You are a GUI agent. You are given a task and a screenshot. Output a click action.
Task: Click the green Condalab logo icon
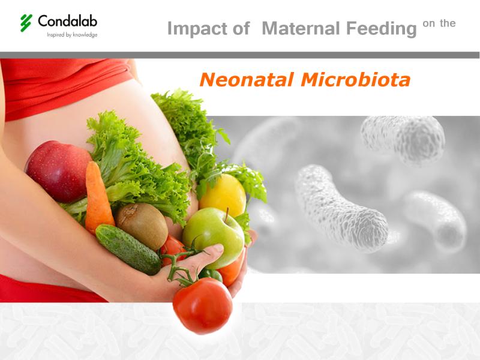[x=26, y=23]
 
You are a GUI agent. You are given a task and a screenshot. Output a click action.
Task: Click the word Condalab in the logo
[x=68, y=21]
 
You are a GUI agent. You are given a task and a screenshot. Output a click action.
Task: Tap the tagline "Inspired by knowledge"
[x=72, y=35]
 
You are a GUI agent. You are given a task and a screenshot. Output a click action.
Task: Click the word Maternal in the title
[x=301, y=28]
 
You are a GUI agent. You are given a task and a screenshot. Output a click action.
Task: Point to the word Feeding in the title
[x=382, y=29]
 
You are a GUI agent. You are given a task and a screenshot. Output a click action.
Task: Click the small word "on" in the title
[x=428, y=23]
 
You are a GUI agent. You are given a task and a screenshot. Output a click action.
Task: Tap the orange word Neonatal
[x=247, y=80]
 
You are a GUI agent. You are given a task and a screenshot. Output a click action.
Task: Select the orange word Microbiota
[x=355, y=80]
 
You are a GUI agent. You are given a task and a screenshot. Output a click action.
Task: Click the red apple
[x=58, y=171]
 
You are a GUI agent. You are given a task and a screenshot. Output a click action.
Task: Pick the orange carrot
[x=98, y=197]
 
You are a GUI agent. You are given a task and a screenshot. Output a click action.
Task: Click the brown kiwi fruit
[x=142, y=226]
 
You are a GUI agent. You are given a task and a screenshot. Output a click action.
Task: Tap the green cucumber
[x=128, y=249]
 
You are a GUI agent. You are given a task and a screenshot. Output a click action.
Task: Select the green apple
[x=214, y=237]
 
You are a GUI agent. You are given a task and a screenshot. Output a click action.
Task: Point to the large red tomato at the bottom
[x=203, y=305]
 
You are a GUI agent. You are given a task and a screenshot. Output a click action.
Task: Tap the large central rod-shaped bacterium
[x=341, y=208]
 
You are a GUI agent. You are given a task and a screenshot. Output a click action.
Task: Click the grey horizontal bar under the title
[x=239, y=55]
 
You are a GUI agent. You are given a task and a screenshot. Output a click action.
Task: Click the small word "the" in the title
[x=448, y=23]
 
